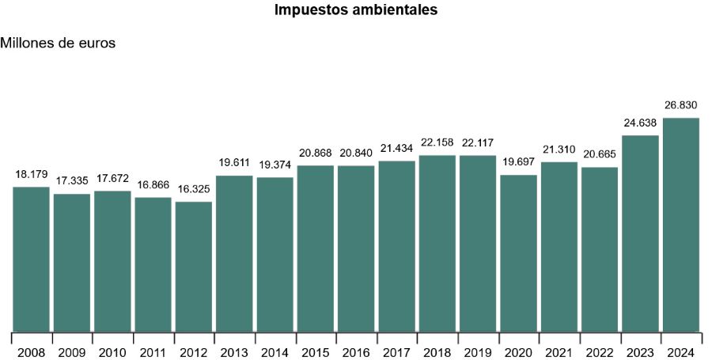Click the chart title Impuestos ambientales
click(356, 10)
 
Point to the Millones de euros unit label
click(59, 44)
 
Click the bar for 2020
click(519, 252)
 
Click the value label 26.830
click(681, 104)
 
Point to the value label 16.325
click(194, 188)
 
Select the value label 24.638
click(640, 122)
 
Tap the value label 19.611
click(234, 162)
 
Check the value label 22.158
click(437, 142)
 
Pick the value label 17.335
click(72, 180)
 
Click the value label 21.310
click(559, 149)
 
